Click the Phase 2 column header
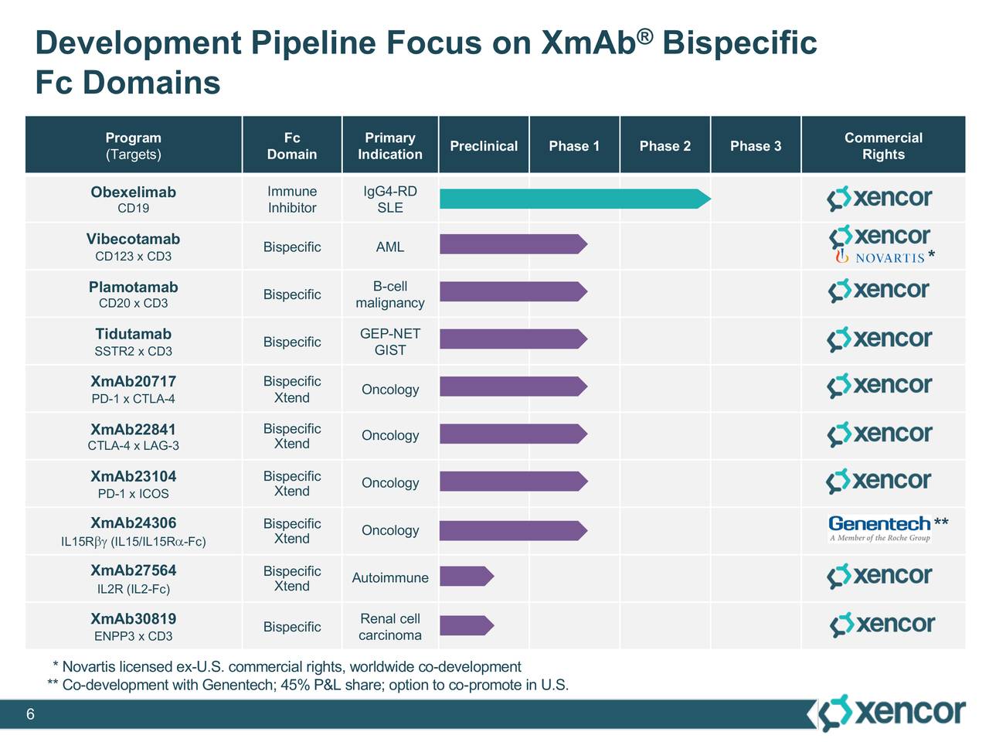664,146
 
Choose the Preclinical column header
484,146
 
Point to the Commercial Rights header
883,146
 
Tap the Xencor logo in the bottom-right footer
892,713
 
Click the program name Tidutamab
133,334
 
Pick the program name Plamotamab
133,287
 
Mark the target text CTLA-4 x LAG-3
133,446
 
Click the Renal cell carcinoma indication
390,627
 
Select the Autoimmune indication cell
390,577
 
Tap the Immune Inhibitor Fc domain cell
292,199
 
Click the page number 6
30,714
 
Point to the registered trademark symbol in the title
646,36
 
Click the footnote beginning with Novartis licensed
291,666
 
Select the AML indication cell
390,247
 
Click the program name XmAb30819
133,618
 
